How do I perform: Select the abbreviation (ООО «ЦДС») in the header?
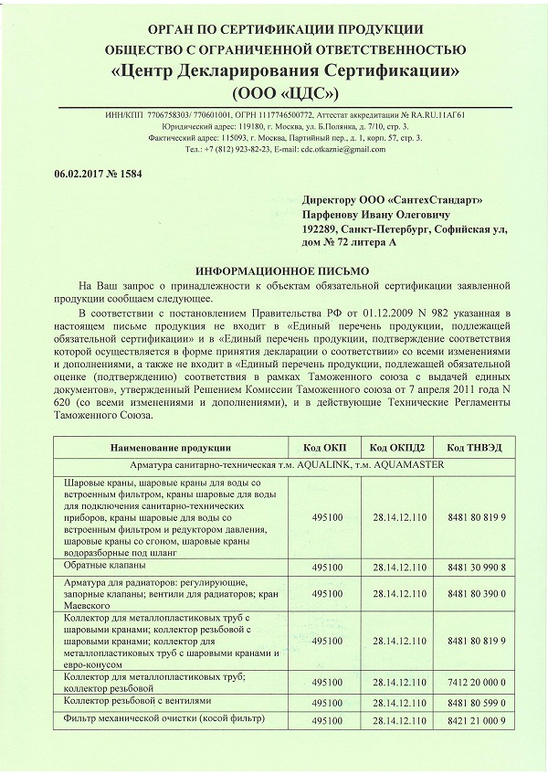285,93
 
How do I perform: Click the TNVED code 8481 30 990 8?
477,568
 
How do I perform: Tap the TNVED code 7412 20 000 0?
477,682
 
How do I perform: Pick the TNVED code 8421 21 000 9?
477,721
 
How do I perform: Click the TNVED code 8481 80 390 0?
477,593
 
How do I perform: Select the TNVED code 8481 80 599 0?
477,702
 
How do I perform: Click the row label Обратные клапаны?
104,567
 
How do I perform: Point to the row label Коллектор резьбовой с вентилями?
137,700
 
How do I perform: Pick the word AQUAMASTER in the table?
406,464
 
